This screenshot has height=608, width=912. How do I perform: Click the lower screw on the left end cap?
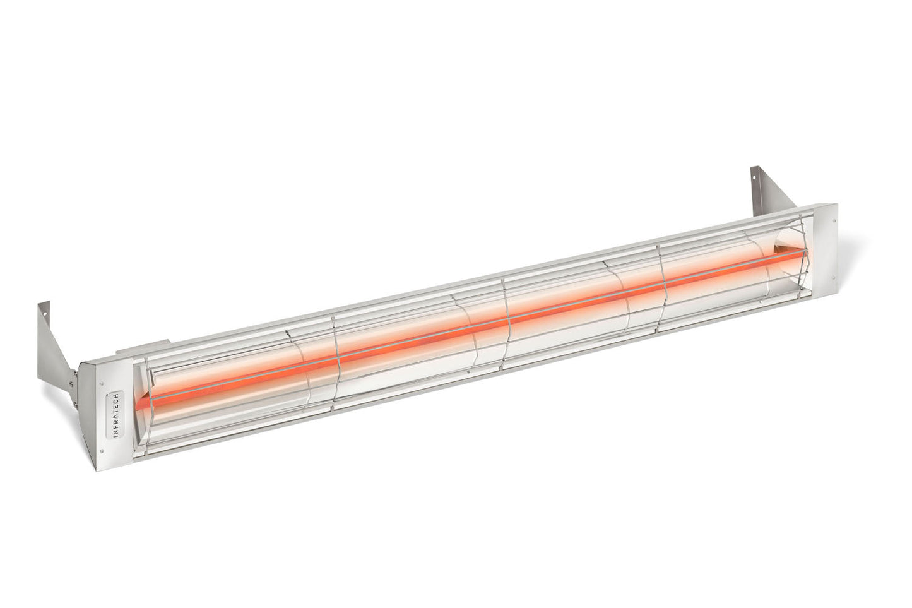(x=102, y=451)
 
